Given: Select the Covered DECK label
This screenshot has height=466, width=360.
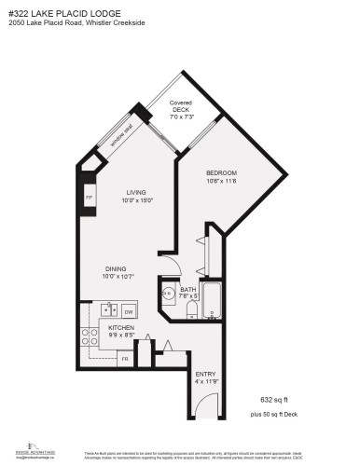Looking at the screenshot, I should point(180,109).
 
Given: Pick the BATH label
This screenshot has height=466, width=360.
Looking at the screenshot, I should point(187,293).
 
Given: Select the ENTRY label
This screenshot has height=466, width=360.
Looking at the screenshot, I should point(205,378).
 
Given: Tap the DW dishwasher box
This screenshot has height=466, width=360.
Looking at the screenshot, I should point(131,310).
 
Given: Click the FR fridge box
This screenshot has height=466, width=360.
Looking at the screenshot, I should point(125,358).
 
